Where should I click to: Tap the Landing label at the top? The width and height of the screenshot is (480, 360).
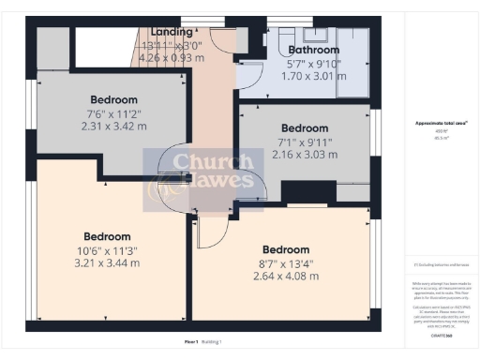[172, 32]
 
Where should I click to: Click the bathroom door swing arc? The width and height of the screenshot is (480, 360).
[251, 75]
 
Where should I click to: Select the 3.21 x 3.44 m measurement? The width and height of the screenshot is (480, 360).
[106, 262]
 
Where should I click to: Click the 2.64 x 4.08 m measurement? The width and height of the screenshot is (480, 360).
[286, 276]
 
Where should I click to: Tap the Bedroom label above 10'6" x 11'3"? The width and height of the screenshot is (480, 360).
[106, 236]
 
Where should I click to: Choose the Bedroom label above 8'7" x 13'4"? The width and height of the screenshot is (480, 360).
[286, 249]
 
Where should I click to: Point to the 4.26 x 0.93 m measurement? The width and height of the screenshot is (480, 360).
[172, 57]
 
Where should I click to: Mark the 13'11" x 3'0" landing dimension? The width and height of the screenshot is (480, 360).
[172, 45]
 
